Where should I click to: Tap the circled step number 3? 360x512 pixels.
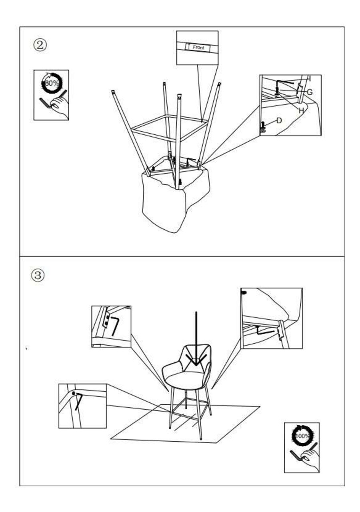(38, 276)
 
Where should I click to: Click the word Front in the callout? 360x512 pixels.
(198, 48)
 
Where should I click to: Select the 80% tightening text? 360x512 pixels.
(52, 84)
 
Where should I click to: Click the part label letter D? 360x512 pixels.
(279, 120)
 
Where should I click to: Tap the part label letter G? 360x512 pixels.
(309, 92)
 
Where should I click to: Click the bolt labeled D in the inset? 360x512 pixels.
(263, 126)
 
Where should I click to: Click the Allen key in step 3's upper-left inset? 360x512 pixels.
(115, 326)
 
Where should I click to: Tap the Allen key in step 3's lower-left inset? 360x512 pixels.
(78, 401)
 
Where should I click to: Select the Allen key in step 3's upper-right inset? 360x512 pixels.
(264, 331)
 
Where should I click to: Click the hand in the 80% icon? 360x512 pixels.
(60, 105)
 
